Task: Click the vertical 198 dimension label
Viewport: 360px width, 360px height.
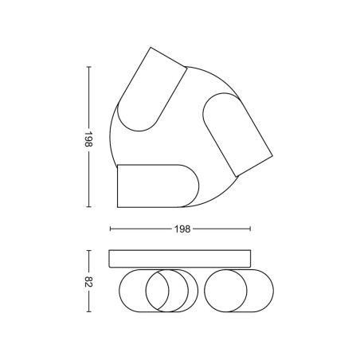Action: click(x=88, y=139)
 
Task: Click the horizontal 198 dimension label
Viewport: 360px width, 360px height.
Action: click(x=182, y=229)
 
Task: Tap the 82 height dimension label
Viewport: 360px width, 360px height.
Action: click(x=88, y=282)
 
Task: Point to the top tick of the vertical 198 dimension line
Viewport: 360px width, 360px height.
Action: click(x=89, y=67)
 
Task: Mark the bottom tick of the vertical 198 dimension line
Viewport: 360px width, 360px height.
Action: click(x=89, y=206)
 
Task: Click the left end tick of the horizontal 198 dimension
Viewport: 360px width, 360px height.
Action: click(x=110, y=229)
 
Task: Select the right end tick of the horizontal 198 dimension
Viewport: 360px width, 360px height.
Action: click(x=250, y=229)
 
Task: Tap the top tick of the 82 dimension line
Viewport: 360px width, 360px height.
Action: click(x=89, y=250)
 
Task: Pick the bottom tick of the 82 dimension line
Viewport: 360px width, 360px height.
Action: click(x=89, y=311)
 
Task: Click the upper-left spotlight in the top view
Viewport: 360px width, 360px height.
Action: click(x=152, y=89)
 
